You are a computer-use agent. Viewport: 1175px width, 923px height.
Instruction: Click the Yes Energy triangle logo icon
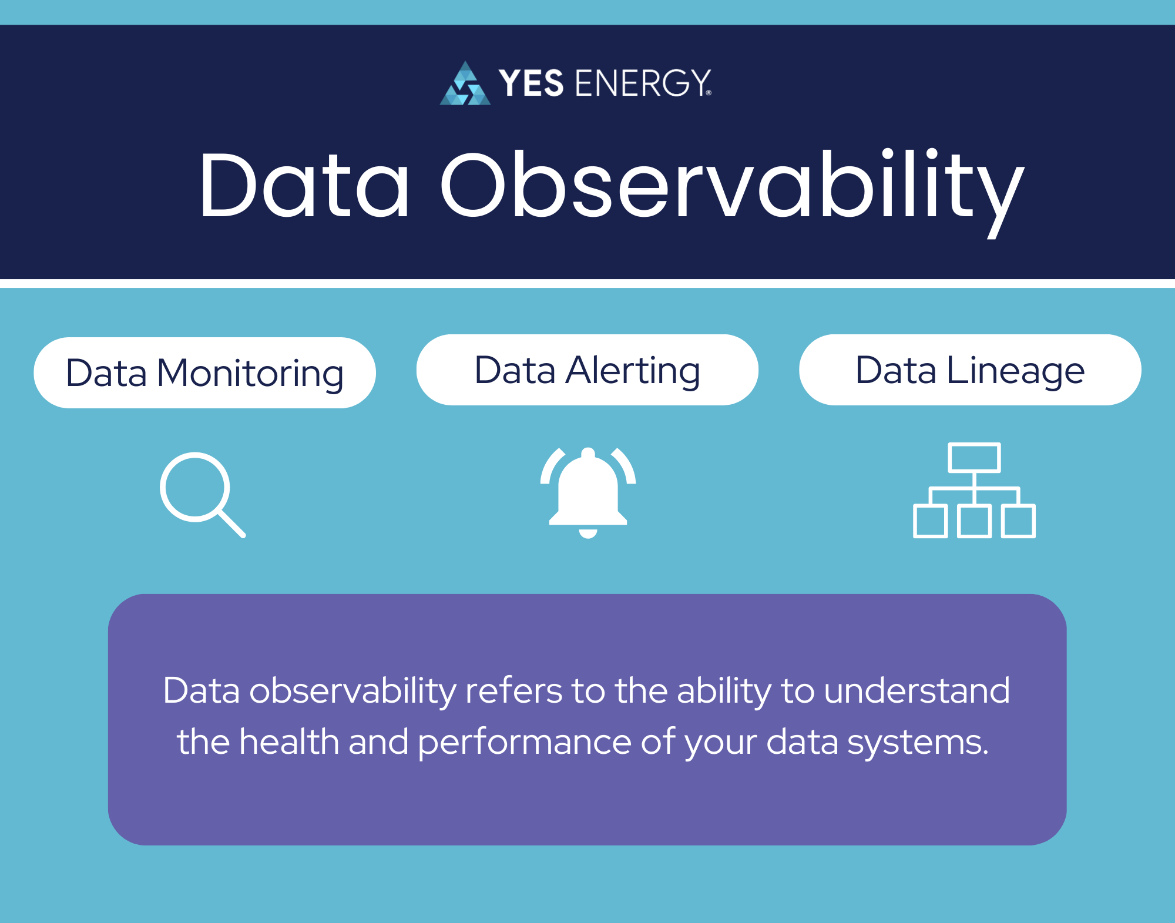(x=465, y=85)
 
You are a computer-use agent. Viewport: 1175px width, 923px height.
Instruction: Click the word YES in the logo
(x=531, y=83)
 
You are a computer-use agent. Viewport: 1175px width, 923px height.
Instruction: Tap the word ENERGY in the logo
(x=643, y=83)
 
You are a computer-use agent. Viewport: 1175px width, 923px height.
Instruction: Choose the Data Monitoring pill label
(x=204, y=372)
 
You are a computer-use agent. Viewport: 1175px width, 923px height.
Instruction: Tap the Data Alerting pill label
(x=587, y=370)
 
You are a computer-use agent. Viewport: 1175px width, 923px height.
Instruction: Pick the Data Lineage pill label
(x=969, y=370)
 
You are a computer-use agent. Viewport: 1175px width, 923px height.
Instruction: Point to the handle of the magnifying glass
(x=231, y=523)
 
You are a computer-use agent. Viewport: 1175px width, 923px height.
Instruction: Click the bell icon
(x=588, y=490)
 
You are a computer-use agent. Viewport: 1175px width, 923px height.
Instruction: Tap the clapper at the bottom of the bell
(x=588, y=533)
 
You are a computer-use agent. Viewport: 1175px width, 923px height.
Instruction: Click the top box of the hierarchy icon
(x=974, y=458)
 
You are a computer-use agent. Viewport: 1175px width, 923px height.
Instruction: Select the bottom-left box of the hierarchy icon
(x=930, y=521)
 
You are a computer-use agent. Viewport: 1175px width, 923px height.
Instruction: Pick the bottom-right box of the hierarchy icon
(x=1018, y=521)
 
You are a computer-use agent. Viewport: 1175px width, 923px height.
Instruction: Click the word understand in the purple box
(x=916, y=690)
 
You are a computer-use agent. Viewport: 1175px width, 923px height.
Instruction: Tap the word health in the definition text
(x=291, y=741)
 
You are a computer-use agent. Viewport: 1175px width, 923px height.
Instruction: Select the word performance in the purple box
(x=524, y=743)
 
